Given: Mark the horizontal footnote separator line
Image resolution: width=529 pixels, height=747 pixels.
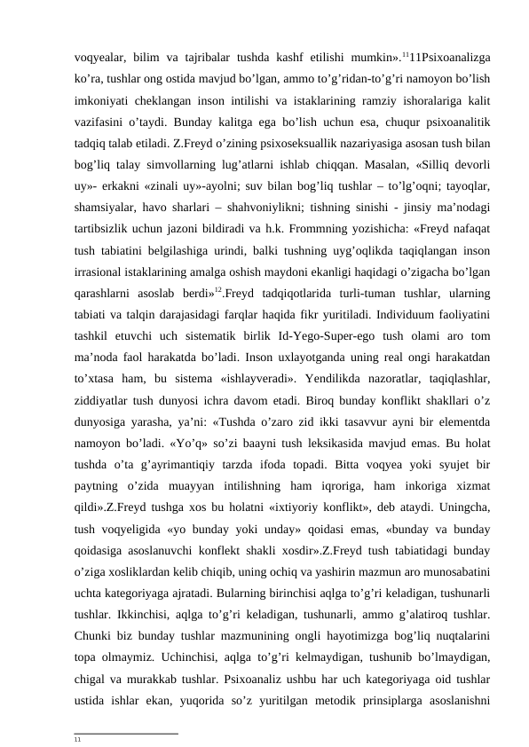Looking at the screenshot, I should coord(126,732).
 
